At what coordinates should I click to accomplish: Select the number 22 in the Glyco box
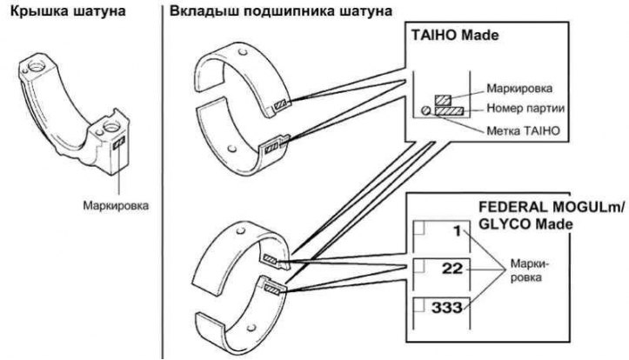tap(452, 270)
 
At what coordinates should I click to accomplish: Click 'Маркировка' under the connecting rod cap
tap(110, 207)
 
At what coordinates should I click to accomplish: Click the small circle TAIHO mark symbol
tap(425, 110)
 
